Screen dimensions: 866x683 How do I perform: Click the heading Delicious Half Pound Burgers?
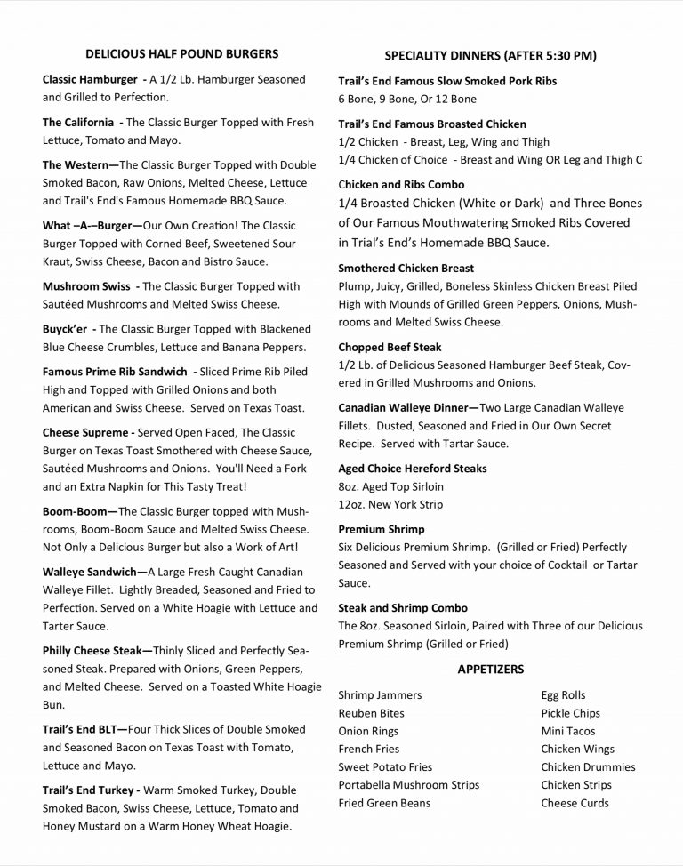coord(181,54)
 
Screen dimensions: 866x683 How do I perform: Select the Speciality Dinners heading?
coord(490,56)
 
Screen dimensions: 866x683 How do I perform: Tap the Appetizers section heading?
coord(490,669)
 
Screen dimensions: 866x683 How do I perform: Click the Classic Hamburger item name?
coord(89,80)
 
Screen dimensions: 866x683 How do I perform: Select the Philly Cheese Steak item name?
coord(97,651)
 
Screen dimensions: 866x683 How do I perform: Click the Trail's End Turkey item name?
coord(91,790)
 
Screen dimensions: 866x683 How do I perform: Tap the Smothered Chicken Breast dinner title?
coord(406,268)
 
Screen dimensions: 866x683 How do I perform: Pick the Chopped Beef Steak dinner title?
coord(390,347)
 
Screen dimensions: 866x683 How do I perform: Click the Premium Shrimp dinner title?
coord(382,529)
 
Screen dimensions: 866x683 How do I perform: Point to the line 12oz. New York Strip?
coord(390,504)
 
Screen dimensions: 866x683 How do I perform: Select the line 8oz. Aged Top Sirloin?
coord(390,486)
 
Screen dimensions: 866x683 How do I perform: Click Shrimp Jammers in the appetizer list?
coord(380,695)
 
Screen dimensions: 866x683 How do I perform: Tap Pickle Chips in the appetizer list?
coord(570,713)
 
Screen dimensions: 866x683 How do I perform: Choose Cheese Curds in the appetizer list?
coord(575,803)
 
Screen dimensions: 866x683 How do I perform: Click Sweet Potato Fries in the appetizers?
coord(385,767)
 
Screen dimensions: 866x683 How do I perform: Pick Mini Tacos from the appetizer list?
coord(567,731)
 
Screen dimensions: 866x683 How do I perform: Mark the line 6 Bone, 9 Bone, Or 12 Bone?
coord(407,99)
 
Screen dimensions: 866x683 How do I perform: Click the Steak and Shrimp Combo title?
coord(403,608)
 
